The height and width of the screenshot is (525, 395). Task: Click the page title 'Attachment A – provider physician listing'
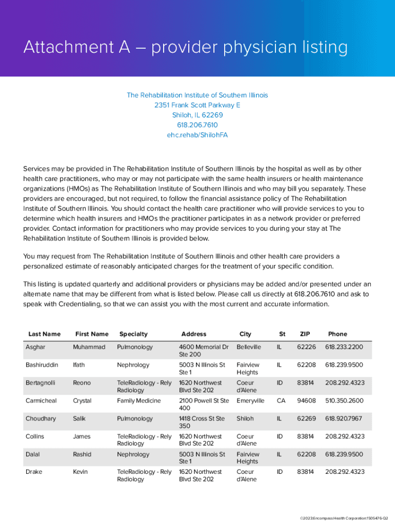185,48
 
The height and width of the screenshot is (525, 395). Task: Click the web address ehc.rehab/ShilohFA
197,135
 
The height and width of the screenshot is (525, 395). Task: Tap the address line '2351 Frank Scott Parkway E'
197,105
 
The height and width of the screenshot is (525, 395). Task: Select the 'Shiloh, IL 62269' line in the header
197,115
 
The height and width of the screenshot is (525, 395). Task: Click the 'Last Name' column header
44,334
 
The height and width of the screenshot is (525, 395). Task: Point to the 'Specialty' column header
133,334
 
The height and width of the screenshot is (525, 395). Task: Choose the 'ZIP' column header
305,334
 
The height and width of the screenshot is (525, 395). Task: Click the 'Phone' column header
338,334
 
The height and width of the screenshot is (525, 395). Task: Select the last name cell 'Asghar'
35,347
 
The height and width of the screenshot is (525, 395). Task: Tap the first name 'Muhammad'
89,347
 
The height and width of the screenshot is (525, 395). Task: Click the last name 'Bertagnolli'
41,383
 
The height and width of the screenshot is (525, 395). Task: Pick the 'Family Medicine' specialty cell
139,401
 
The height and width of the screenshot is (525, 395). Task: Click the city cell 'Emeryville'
250,401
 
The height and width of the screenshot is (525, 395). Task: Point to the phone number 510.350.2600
344,401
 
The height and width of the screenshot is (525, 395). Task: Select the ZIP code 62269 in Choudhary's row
306,419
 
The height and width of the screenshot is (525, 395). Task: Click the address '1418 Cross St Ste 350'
202,422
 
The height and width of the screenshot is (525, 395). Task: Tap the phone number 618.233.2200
344,347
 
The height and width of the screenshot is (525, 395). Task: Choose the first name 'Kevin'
81,472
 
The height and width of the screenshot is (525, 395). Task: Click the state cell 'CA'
281,401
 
